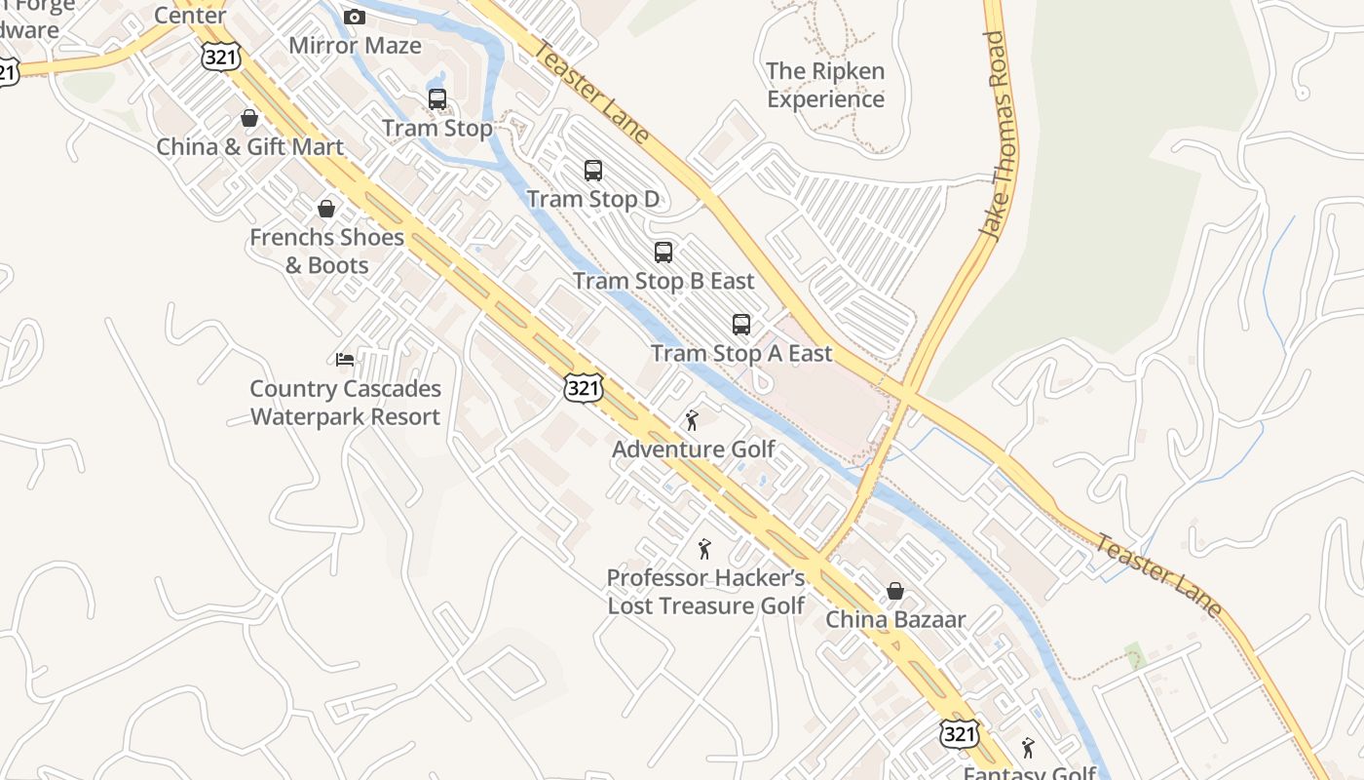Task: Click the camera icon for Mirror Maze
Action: [355, 18]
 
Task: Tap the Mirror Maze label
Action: [355, 46]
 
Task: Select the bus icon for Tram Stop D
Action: [592, 171]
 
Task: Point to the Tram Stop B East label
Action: [663, 282]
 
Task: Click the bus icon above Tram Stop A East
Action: [741, 325]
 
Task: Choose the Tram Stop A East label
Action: [741, 354]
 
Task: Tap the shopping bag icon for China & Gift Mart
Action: [249, 118]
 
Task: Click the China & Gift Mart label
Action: [250, 147]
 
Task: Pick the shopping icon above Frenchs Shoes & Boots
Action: [326, 210]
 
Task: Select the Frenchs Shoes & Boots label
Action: [326, 252]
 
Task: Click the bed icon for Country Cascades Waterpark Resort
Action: [345, 360]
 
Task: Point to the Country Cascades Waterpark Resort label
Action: [345, 403]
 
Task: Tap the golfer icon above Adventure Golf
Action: [693, 420]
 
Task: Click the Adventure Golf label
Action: [693, 449]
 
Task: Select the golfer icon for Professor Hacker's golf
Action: [704, 549]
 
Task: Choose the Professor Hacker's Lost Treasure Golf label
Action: [705, 592]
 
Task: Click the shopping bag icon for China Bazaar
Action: [894, 591]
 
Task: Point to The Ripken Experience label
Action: [825, 85]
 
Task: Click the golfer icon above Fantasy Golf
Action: [1028, 748]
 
